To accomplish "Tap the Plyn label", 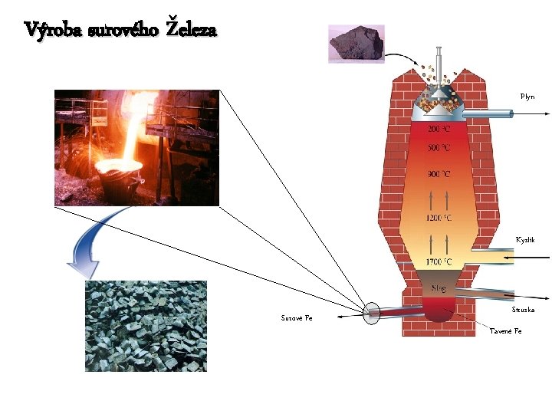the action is (x=527, y=97).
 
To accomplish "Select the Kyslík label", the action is (x=525, y=240).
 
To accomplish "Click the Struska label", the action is (x=523, y=310).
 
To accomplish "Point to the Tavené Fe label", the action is (x=505, y=331).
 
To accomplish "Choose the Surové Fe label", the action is (x=296, y=317).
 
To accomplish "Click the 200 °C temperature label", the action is (x=439, y=128).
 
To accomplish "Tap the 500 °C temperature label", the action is (x=439, y=146).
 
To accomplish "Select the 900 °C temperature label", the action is (x=439, y=174).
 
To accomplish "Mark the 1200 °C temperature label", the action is (x=439, y=218).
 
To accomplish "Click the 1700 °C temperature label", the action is (x=439, y=262).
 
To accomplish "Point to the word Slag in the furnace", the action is (x=439, y=288).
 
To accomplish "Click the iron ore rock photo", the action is (x=356, y=44).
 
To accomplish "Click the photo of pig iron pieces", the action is (x=146, y=326).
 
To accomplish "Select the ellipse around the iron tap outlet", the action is (x=371, y=313).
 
